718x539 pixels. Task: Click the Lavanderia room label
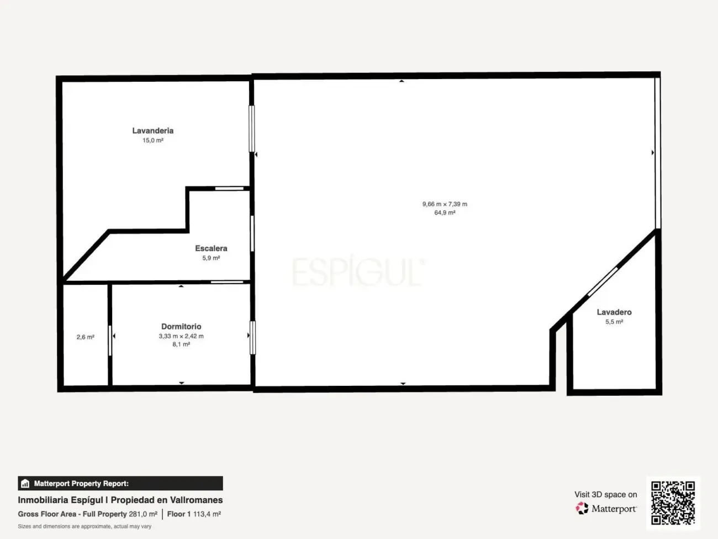[153, 130]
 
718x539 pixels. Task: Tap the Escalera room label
[211, 248]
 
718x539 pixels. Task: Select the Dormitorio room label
[181, 326]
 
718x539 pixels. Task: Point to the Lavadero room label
[614, 312]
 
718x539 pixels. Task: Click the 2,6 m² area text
[86, 337]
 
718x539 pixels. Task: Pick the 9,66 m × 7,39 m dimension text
[445, 204]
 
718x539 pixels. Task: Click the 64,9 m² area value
[445, 213]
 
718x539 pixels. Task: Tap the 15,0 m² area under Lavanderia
[153, 140]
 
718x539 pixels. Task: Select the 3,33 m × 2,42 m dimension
[181, 336]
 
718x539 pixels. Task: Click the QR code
[673, 503]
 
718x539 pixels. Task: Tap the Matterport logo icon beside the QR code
[582, 508]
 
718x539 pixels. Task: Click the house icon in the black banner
[25, 483]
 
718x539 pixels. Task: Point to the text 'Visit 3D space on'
[605, 494]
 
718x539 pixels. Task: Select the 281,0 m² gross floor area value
[143, 514]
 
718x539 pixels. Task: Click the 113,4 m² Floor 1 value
[207, 514]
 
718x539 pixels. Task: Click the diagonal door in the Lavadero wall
[603, 281]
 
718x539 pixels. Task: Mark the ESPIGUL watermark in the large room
[358, 271]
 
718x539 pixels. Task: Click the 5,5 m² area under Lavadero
[614, 322]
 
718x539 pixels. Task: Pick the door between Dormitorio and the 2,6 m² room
[110, 341]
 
